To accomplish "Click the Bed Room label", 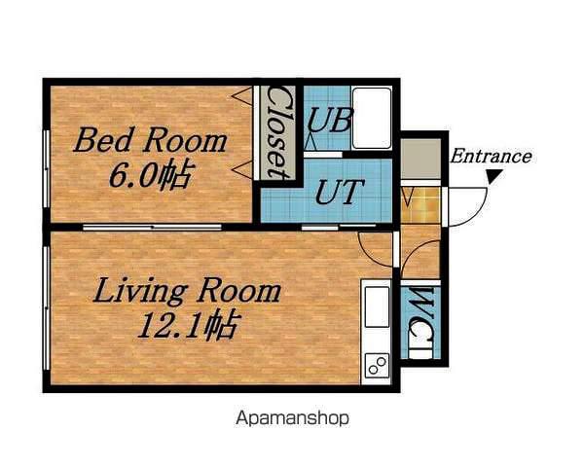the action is coord(150,140).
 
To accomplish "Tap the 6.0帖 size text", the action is coord(152,175).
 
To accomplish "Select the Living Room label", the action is coord(187,291).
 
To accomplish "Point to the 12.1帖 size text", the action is coord(187,326).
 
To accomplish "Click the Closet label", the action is coord(277,132).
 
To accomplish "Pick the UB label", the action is coord(329,120).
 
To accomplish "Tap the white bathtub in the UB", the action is coord(372,118).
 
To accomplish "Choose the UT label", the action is coord(339,192).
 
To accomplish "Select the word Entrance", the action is coord(491,157).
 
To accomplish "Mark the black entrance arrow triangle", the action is coord(495,176).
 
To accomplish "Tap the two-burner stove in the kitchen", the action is coord(377,365).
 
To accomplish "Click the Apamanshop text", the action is coord(292,418).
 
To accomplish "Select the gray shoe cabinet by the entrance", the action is coord(420,159).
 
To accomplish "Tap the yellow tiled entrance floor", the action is coord(420,205).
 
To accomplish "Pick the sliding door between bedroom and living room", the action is coord(152,227).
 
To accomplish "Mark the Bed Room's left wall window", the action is coord(46,168).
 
